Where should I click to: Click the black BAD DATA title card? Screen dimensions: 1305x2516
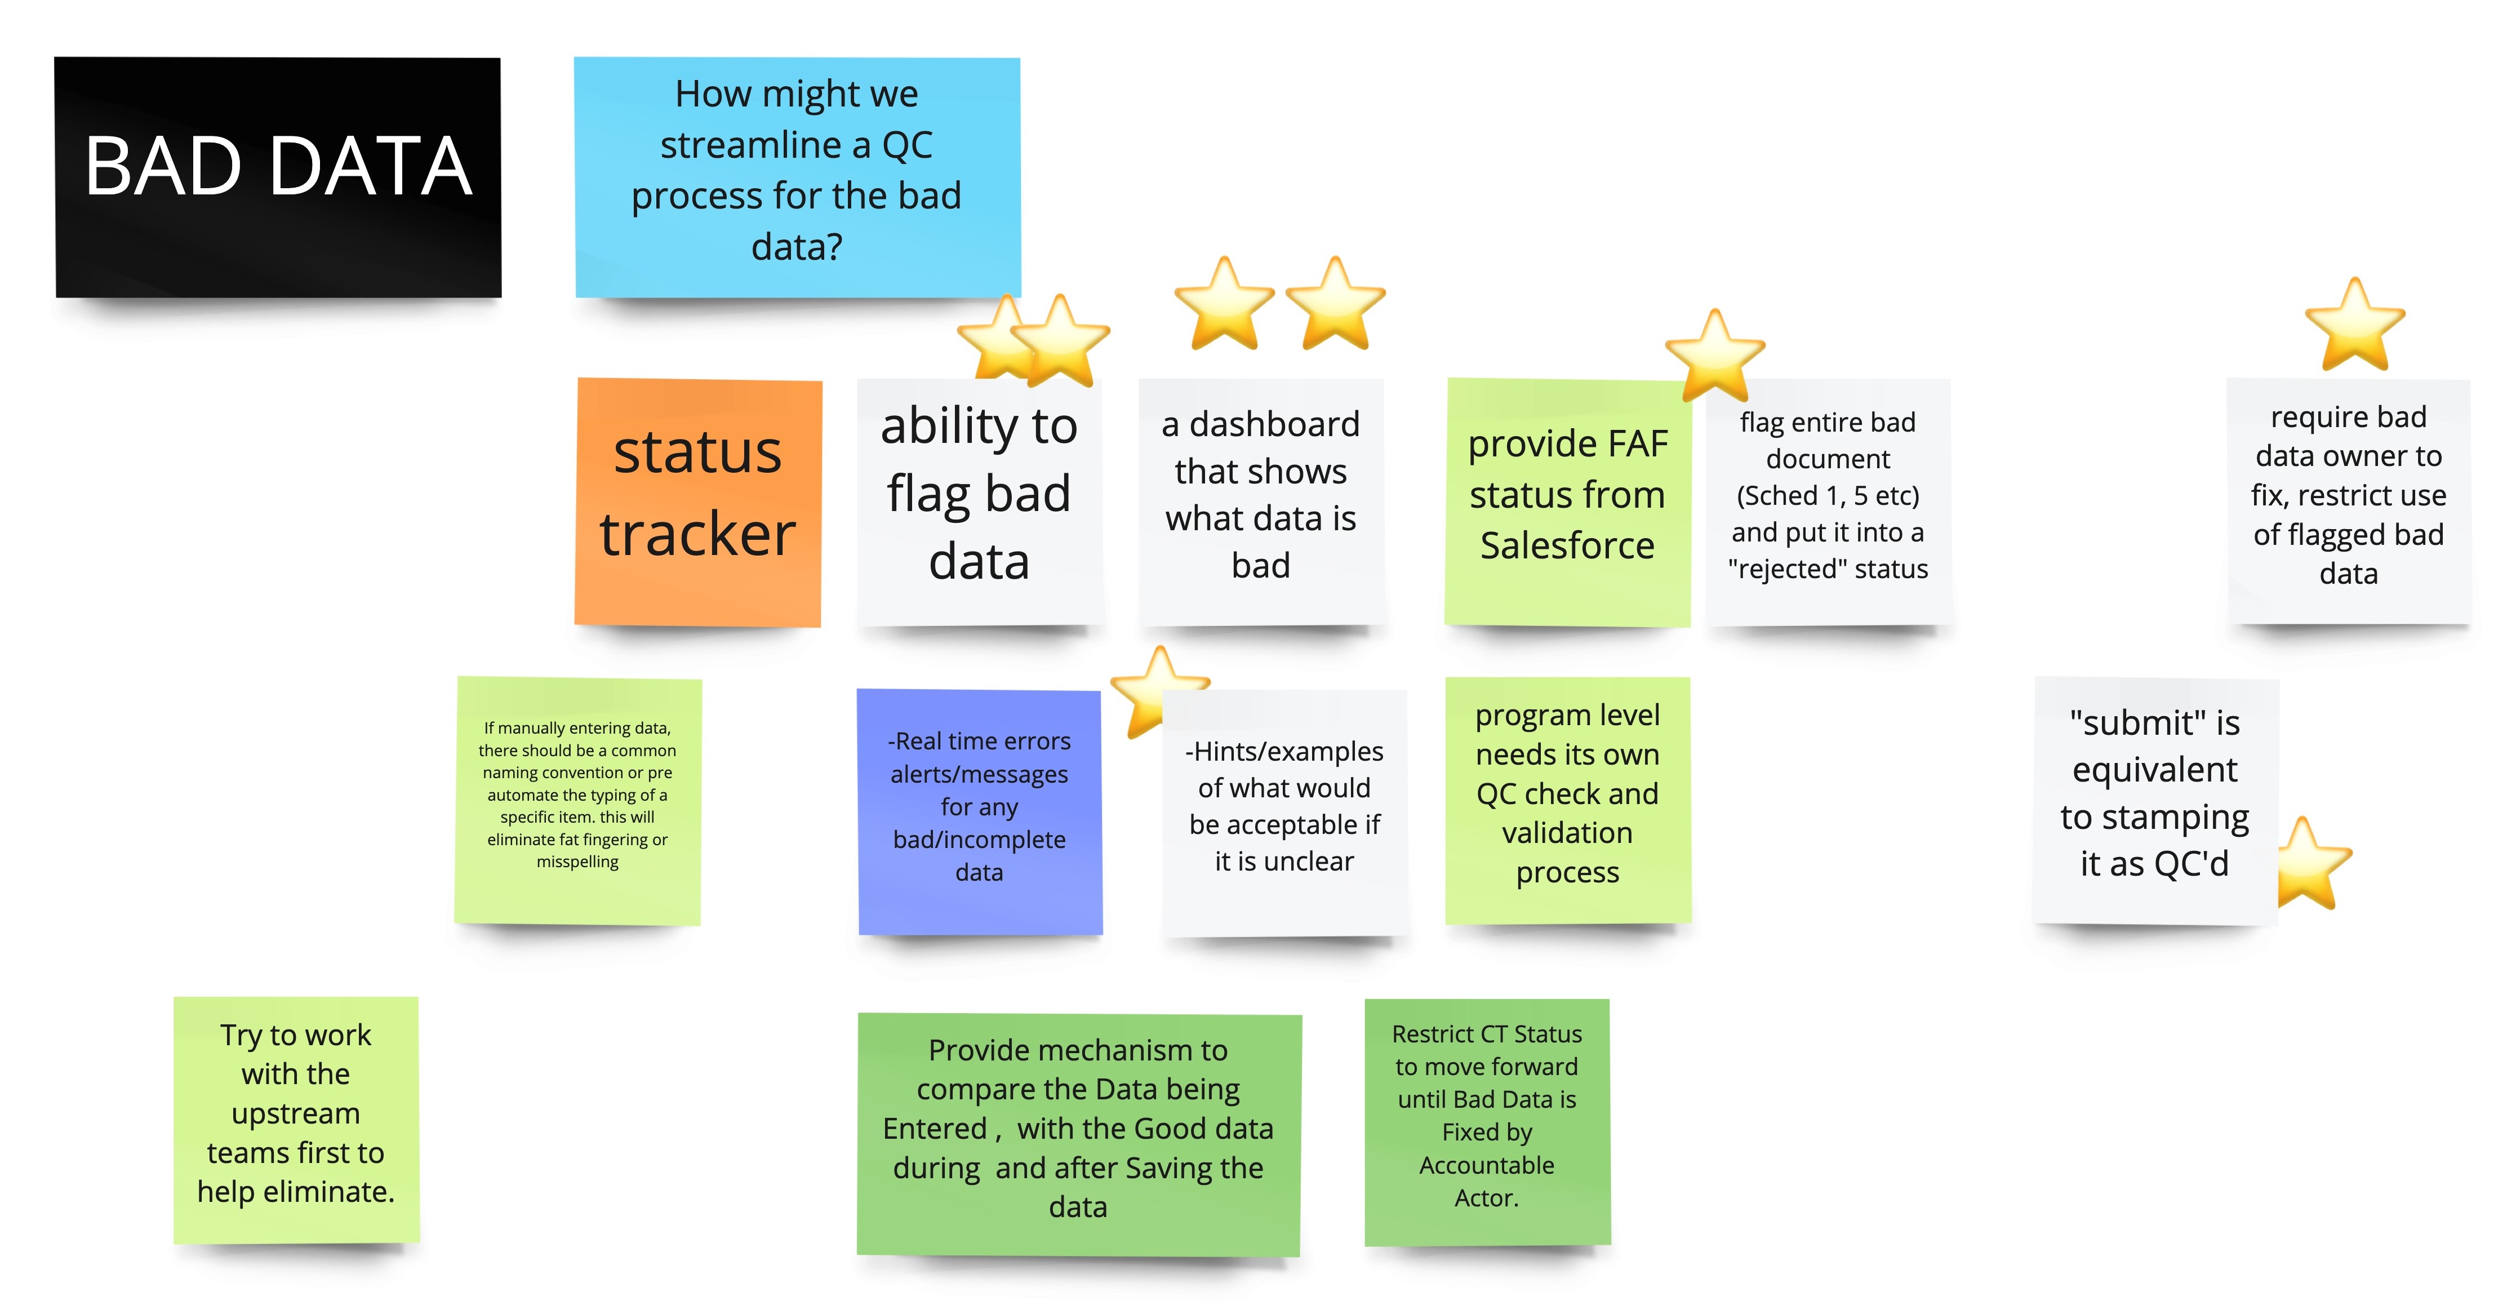pos(278,176)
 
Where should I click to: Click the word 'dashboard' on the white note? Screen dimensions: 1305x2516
pos(1274,424)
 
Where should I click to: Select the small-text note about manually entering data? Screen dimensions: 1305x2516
pos(577,796)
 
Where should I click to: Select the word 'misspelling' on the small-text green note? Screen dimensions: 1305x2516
pos(577,862)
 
